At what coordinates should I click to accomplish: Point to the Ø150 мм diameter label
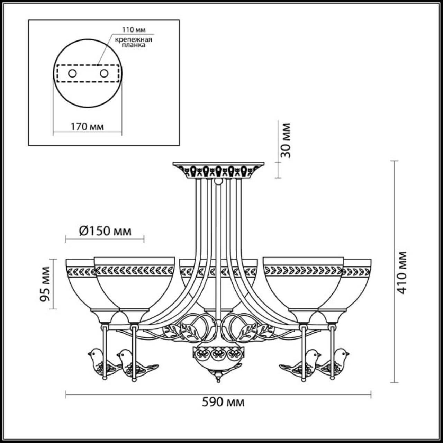point(105,231)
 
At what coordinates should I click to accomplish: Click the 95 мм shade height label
point(45,284)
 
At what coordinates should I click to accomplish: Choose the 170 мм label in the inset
point(87,127)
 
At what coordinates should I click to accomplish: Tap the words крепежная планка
point(134,42)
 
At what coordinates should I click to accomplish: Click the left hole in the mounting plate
point(72,73)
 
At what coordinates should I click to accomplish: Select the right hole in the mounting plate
point(103,73)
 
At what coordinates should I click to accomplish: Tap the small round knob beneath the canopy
point(218,181)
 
